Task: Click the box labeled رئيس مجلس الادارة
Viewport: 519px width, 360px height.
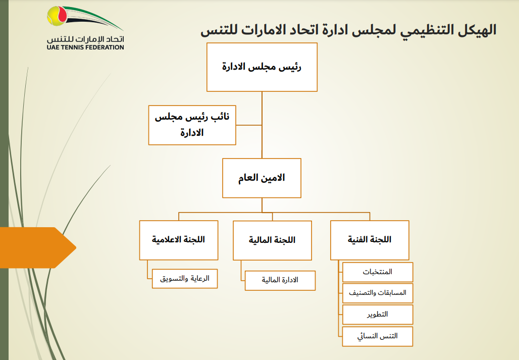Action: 262,67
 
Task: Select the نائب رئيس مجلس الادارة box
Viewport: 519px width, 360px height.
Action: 192,125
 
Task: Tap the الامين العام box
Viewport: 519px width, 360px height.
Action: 262,178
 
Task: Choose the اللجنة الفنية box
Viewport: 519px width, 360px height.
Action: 370,240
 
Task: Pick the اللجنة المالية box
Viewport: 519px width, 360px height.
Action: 272,240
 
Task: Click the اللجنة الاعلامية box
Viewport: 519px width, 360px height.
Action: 179,239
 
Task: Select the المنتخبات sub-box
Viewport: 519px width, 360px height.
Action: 378,272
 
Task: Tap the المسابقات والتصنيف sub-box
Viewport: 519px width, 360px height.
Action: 378,293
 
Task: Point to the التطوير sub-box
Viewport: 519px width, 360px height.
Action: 378,314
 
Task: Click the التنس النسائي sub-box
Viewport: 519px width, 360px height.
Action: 378,336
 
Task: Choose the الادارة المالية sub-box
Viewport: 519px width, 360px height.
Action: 280,280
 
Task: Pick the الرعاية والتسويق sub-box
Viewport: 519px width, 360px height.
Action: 185,278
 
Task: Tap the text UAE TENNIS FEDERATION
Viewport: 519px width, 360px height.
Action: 84,47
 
